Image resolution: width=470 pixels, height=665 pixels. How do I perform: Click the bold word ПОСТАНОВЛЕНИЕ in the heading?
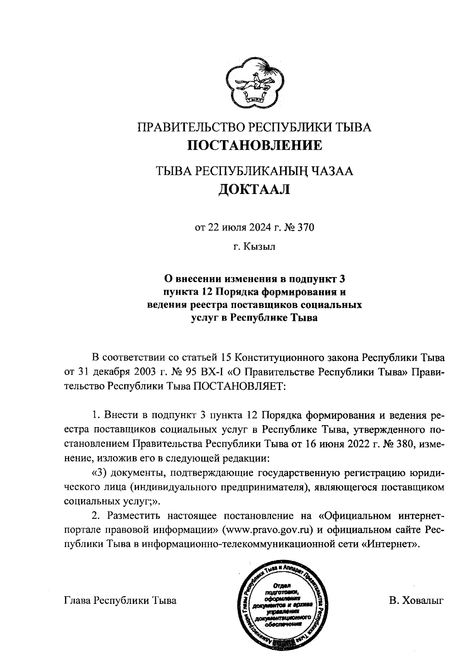coord(255,145)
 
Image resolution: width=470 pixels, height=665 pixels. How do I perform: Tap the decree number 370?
coord(305,228)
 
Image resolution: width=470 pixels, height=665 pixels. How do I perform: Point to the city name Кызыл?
coord(259,246)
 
